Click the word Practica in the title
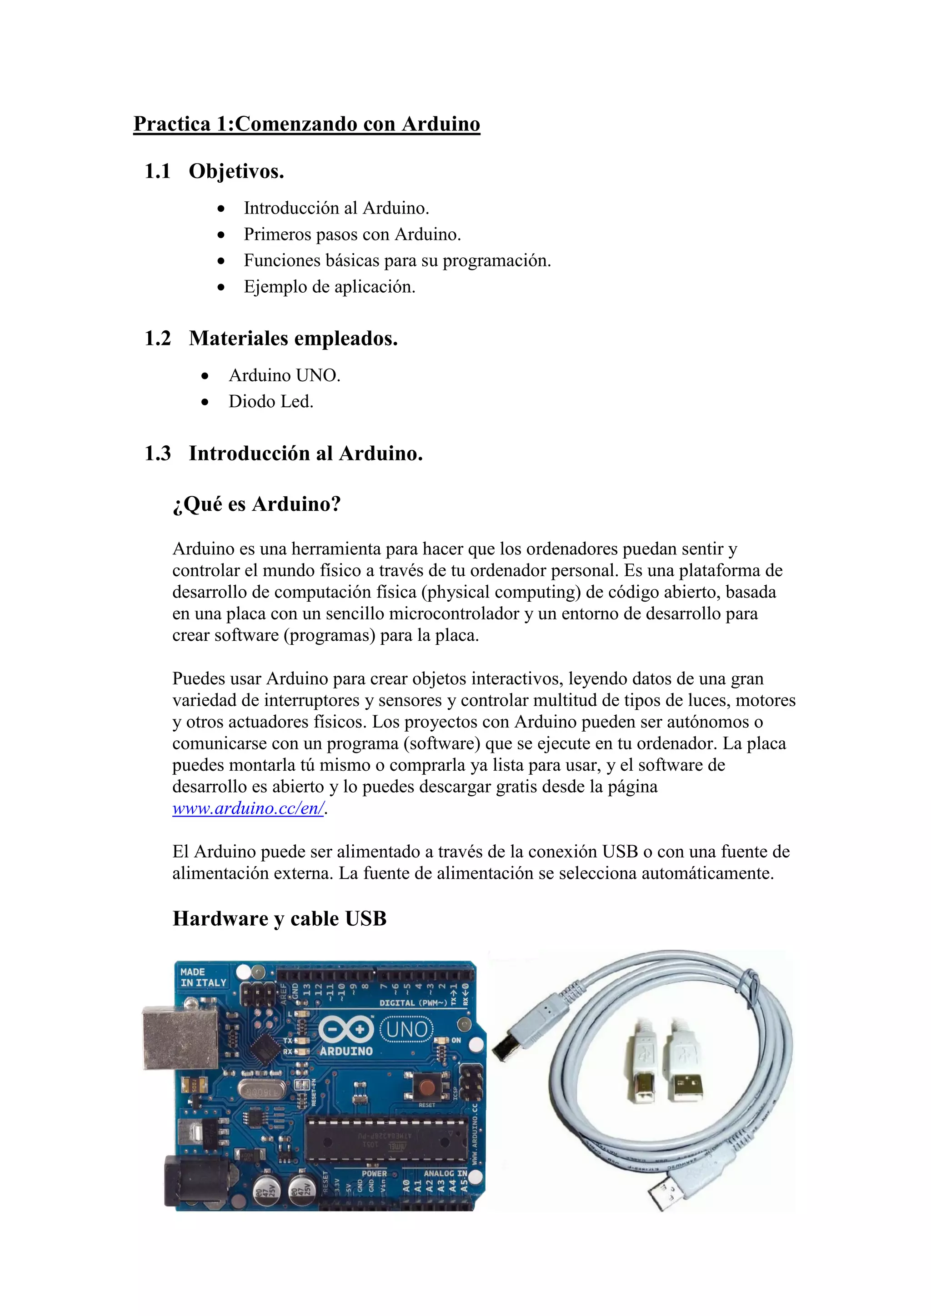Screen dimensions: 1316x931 point(172,124)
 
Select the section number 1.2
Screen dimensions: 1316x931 point(158,338)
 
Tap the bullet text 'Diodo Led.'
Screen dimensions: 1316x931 point(270,401)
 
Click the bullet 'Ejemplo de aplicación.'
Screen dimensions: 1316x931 point(329,287)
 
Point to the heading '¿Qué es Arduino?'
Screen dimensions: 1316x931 point(256,504)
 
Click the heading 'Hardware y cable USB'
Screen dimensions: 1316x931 point(279,918)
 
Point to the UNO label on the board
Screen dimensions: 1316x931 point(407,1029)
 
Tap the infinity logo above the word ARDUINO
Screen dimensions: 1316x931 point(345,1029)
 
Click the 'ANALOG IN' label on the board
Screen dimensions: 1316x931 point(445,1173)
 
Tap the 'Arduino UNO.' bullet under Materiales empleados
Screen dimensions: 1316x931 point(284,375)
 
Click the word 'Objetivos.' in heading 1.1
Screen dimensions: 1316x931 point(236,171)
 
